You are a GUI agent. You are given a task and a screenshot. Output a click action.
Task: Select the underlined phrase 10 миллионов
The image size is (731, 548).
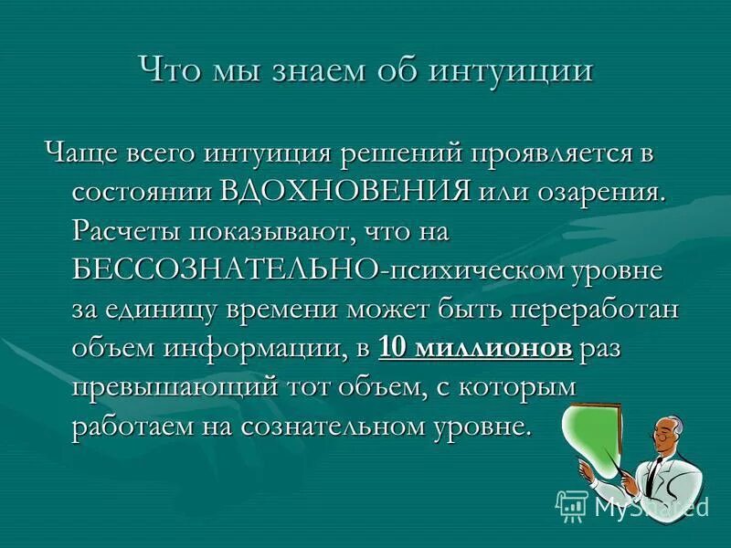[475, 348]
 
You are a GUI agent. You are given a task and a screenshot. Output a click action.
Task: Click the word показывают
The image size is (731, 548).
[275, 231]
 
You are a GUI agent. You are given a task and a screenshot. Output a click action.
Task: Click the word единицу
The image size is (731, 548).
[164, 309]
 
